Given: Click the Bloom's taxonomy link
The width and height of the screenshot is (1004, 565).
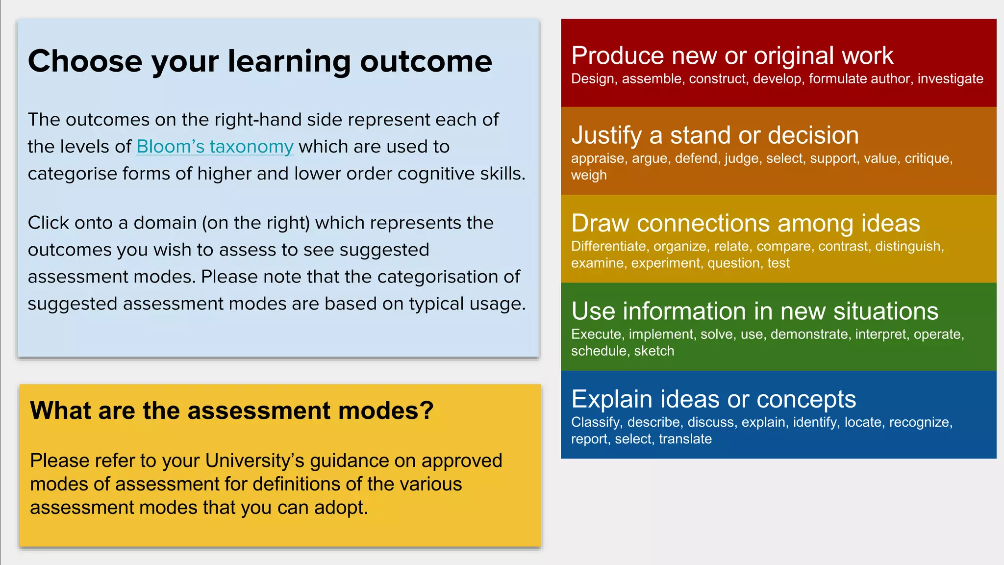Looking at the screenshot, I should click(215, 147).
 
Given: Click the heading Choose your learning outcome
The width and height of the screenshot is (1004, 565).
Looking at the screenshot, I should click(260, 61).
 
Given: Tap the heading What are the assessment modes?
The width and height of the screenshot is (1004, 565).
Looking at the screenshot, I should click(231, 411).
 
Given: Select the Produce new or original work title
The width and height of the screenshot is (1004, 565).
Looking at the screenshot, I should click(732, 56).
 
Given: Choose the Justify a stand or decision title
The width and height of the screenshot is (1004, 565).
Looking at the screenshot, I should click(715, 135).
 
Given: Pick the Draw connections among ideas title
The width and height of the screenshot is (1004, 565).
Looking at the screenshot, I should click(745, 223).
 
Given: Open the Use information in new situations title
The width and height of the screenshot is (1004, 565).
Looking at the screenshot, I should click(754, 311).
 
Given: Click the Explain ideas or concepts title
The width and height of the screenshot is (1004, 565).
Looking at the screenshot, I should click(713, 399).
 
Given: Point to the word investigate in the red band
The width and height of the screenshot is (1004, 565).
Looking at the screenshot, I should click(950, 79).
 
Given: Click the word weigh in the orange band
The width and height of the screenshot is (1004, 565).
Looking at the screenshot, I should click(589, 175).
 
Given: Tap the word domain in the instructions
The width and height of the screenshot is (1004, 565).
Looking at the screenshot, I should click(165, 223).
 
